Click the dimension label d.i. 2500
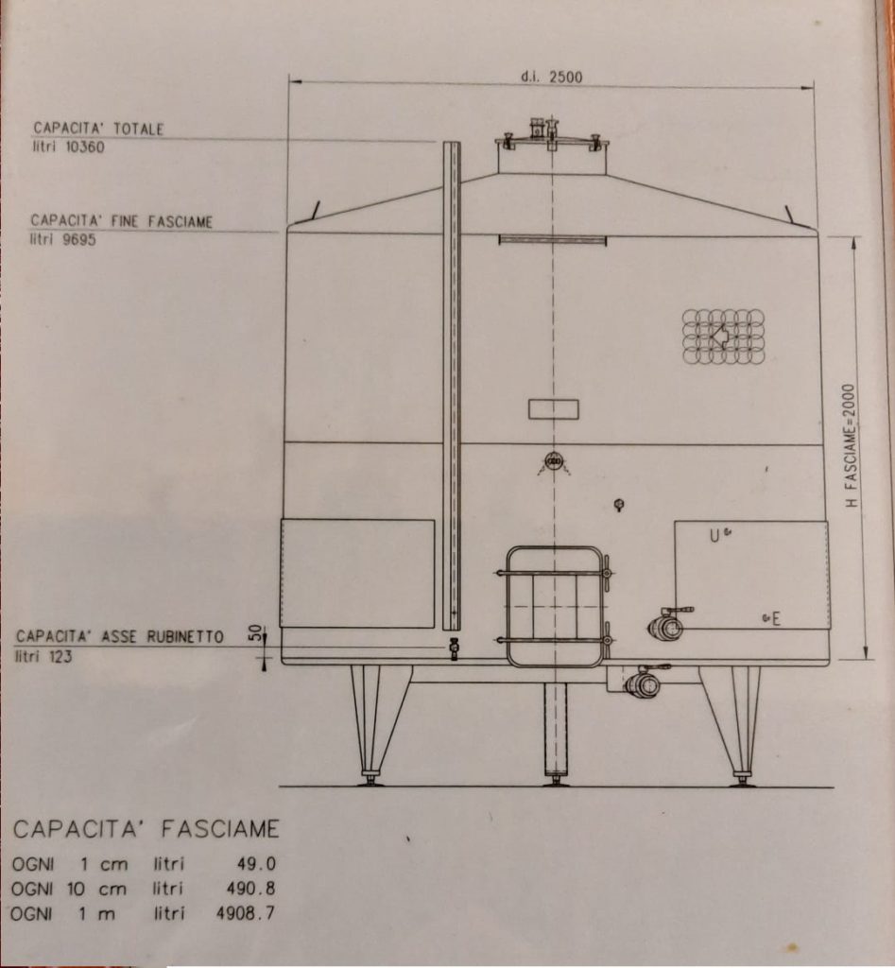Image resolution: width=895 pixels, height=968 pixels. point(551,78)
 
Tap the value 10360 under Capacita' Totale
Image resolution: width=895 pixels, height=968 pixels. point(85,147)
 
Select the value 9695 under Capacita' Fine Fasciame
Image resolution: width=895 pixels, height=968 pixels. point(79,239)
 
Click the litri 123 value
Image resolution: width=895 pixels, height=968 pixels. point(43,656)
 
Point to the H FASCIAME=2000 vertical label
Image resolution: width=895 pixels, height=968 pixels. point(851,446)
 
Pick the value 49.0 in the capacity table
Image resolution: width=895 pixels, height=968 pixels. point(256,863)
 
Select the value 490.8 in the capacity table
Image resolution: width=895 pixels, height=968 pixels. point(250,889)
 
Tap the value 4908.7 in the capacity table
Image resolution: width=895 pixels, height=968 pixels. point(246,913)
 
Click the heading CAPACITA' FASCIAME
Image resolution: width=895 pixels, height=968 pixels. point(146,829)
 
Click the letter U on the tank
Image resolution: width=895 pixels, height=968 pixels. point(714,536)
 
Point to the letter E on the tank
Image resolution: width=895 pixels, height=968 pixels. point(776,618)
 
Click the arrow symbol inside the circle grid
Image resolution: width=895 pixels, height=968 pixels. point(720,337)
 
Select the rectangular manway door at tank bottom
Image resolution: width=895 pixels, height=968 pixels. point(554,606)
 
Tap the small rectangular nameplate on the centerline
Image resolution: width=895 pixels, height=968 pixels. point(554,409)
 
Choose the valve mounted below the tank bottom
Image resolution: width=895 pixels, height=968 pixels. point(642,683)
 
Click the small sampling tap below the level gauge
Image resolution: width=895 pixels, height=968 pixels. point(455,648)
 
